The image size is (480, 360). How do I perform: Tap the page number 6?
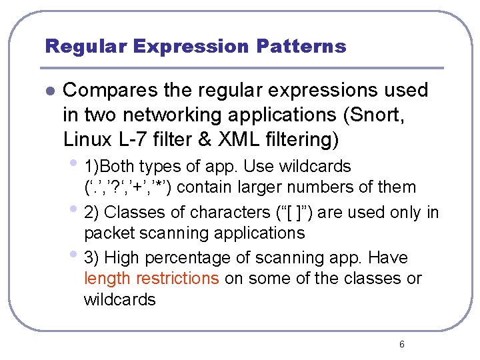[401, 344]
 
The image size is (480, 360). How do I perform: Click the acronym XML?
[235, 140]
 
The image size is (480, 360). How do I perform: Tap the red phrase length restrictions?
[151, 278]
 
